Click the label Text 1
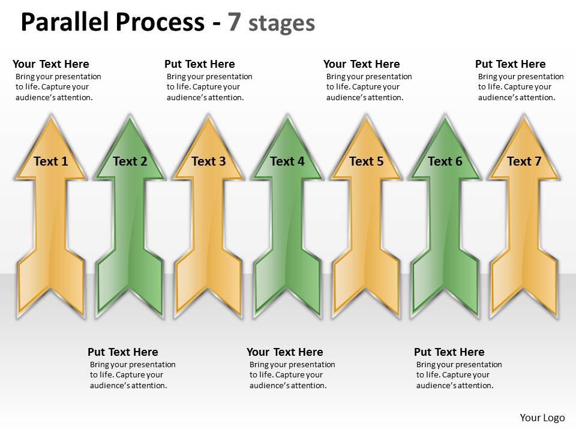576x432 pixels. point(51,161)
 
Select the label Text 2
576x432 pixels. point(130,161)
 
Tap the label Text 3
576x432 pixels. point(208,161)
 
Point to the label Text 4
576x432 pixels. point(287,161)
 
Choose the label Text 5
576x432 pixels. point(366,161)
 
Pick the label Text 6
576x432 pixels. point(445,161)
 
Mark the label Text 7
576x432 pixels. point(524,161)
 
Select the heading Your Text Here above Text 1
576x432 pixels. point(50,64)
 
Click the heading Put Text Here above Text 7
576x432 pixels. point(510,64)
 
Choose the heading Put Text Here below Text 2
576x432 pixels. point(122,352)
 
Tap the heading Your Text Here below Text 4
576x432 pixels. point(284,352)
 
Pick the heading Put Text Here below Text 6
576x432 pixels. point(449,352)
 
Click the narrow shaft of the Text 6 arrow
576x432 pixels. point(445,216)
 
